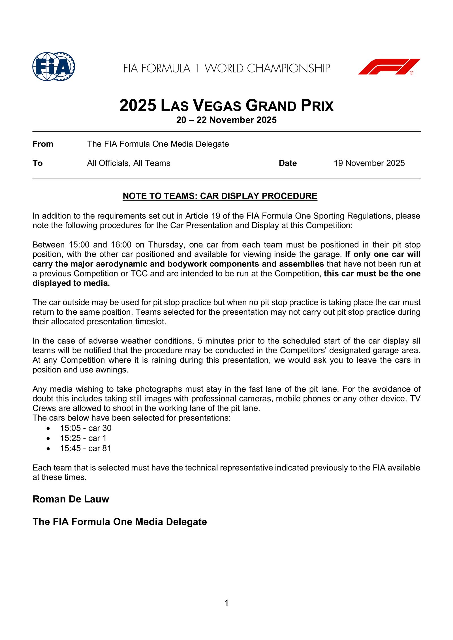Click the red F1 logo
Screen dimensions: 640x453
(x=389, y=66)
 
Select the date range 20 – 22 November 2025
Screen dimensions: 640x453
(x=226, y=120)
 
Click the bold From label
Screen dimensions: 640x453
(x=43, y=144)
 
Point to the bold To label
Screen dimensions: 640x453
(x=37, y=163)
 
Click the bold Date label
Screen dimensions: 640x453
(x=288, y=163)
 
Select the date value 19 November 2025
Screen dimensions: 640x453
(x=369, y=163)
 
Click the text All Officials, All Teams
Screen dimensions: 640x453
(x=129, y=163)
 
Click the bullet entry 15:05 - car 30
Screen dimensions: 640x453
(x=86, y=428)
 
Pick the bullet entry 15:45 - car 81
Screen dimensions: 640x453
(x=86, y=448)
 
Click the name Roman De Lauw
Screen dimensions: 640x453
(x=71, y=499)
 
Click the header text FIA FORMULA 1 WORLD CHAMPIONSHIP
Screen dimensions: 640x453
(x=226, y=68)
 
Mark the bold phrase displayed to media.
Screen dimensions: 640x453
(x=71, y=283)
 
